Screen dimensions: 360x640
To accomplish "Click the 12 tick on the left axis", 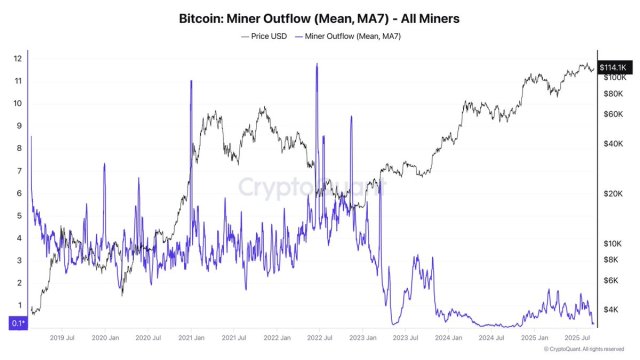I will [x=16, y=58].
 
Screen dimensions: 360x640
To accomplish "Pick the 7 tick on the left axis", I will [x=16, y=171].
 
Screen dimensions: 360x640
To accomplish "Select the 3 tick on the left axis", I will [x=16, y=261].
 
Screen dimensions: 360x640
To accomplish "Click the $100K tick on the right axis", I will [x=614, y=77].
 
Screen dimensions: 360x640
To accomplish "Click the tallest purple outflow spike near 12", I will [x=317, y=66].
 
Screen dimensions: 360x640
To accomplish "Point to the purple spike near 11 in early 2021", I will [x=190, y=82].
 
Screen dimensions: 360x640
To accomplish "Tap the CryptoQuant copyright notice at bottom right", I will [x=590, y=350].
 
